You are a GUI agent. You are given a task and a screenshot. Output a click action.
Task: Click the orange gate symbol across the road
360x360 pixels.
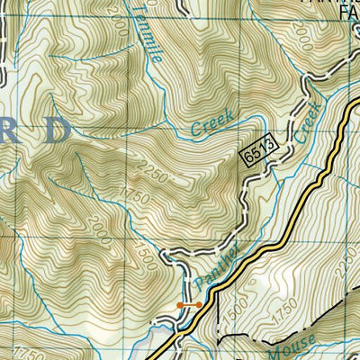(x=189, y=305)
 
